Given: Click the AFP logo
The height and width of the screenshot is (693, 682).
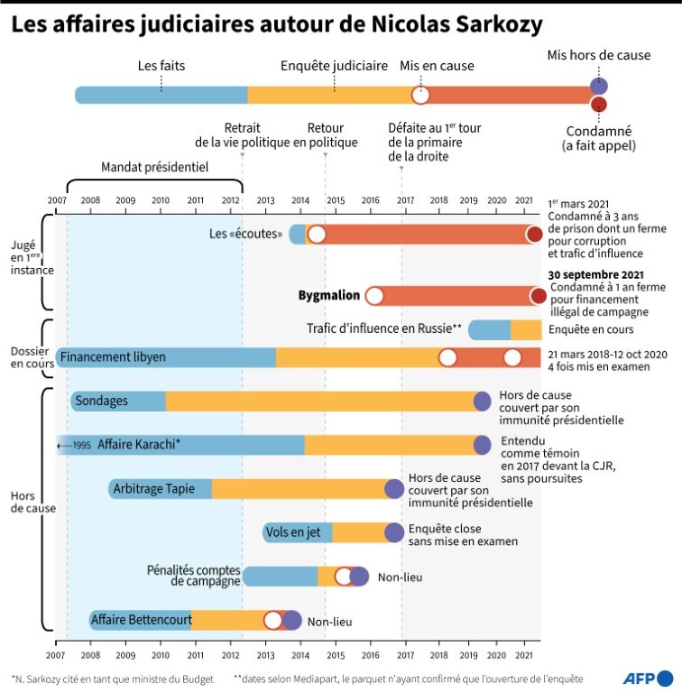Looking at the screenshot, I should [x=646, y=678].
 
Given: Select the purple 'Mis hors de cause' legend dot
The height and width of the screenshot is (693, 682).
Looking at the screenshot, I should [x=598, y=87].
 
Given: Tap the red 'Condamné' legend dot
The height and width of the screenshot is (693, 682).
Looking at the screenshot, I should [x=598, y=106].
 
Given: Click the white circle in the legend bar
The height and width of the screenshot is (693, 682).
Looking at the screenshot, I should [x=420, y=95].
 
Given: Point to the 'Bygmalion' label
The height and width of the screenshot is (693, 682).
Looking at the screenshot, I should [x=329, y=295].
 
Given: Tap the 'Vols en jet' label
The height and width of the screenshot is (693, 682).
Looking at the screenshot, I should [x=293, y=532].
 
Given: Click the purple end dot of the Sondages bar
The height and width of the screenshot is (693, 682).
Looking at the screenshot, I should [x=483, y=402].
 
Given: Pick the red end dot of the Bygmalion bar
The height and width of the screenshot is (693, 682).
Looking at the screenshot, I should [x=539, y=296].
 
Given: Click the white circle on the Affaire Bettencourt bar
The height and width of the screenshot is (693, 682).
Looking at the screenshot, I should [x=273, y=620].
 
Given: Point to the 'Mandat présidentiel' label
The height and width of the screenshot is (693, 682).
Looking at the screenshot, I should [x=154, y=167].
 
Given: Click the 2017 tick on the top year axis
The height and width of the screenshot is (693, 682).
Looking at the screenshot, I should [x=405, y=199].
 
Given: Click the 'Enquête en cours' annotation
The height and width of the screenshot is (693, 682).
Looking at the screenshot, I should [x=590, y=330].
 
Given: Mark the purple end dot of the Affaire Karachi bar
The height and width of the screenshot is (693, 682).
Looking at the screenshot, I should [x=483, y=445].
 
